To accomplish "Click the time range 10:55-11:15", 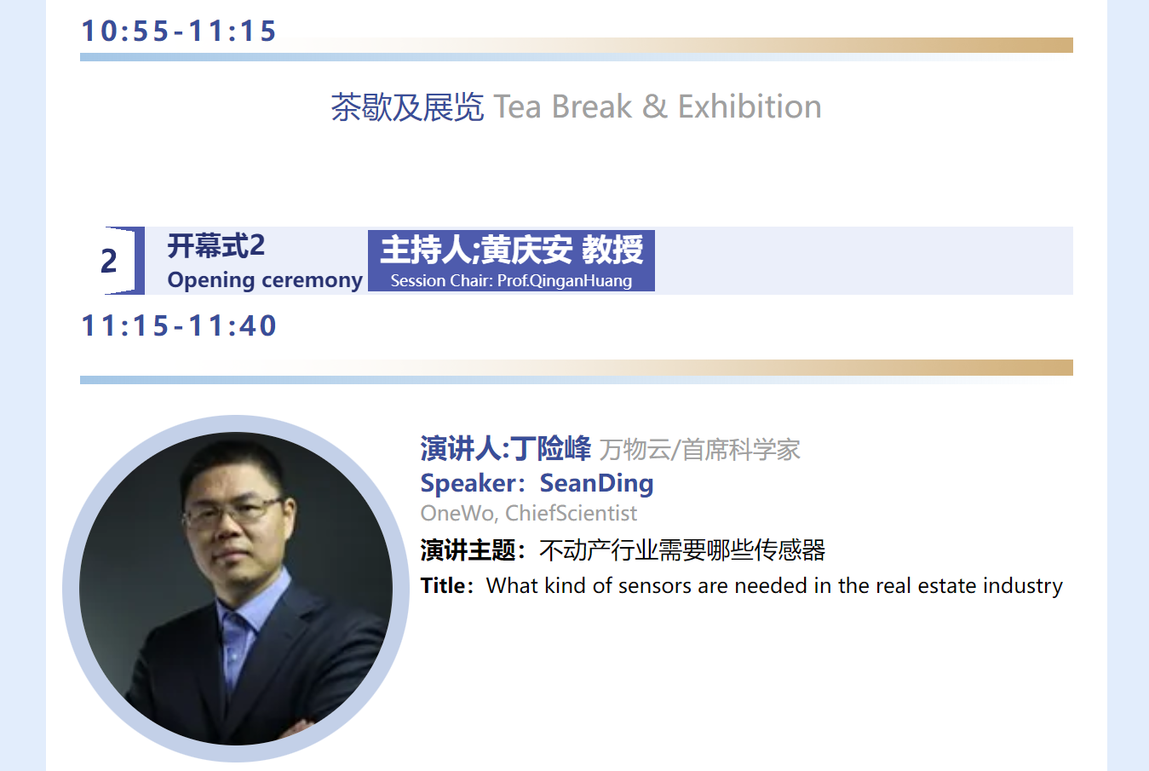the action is click(x=179, y=31).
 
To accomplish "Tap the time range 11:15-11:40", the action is click(x=179, y=325).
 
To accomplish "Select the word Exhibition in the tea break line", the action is click(x=750, y=106).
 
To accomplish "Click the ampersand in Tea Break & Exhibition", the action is click(x=654, y=106).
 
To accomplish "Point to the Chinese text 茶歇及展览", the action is click(x=407, y=107).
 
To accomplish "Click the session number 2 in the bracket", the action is click(x=109, y=261).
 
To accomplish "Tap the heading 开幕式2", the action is click(x=216, y=245).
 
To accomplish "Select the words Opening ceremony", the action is click(x=265, y=280).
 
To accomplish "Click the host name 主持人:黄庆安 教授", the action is click(x=511, y=250).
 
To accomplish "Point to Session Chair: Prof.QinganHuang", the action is click(x=511, y=280).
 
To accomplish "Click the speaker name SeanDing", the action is click(x=596, y=483).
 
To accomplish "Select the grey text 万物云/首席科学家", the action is click(x=699, y=450).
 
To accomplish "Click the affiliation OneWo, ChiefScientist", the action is click(x=529, y=513).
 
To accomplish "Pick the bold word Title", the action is click(x=443, y=585).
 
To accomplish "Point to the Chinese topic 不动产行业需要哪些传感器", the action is click(x=682, y=550).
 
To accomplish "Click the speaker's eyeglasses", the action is click(x=234, y=513).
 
